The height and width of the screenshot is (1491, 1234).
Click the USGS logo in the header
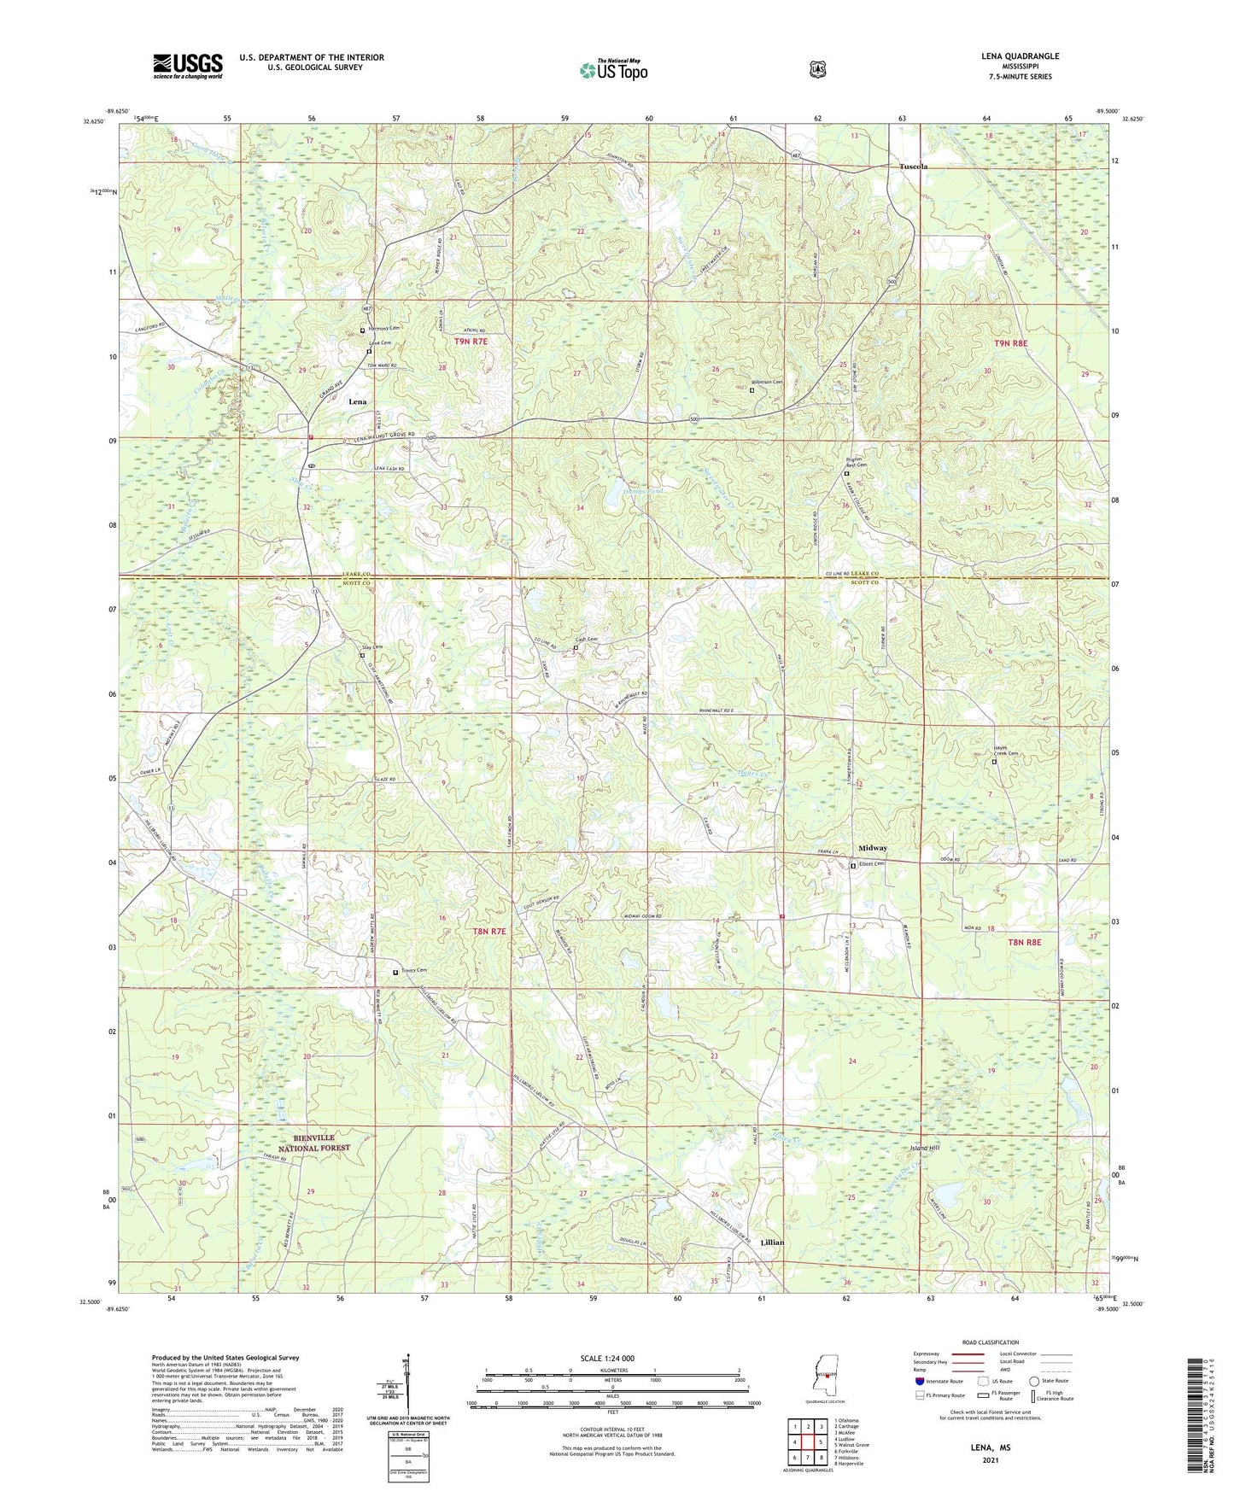pos(188,65)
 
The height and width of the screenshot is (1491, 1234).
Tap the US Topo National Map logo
pos(614,70)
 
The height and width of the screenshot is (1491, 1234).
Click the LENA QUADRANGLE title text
pos(1020,56)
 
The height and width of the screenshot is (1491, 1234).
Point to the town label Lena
pos(357,401)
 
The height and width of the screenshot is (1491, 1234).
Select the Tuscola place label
pos(913,167)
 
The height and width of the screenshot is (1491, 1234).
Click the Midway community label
pos(872,848)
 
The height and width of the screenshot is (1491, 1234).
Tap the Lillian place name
pos(772,1242)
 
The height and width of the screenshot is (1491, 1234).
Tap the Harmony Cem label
pos(384,328)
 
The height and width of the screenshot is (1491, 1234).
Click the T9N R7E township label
pos(471,342)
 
